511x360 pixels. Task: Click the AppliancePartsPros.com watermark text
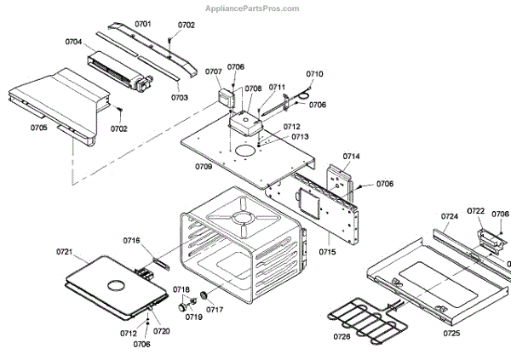pos(253,8)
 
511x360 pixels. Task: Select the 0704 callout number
pos(73,42)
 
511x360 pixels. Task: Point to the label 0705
pos(39,128)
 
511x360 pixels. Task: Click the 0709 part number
pos(203,166)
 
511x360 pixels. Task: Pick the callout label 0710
pos(314,74)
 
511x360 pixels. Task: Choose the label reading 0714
pos(352,157)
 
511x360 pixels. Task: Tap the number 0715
pos(328,252)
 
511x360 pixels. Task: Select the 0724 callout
pos(450,217)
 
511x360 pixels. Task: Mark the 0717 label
pos(214,309)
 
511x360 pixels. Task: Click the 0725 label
pos(452,333)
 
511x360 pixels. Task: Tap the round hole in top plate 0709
pos(246,151)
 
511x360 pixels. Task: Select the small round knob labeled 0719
pos(182,304)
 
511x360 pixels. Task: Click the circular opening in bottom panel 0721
pos(112,280)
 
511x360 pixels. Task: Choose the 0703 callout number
pos(179,98)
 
